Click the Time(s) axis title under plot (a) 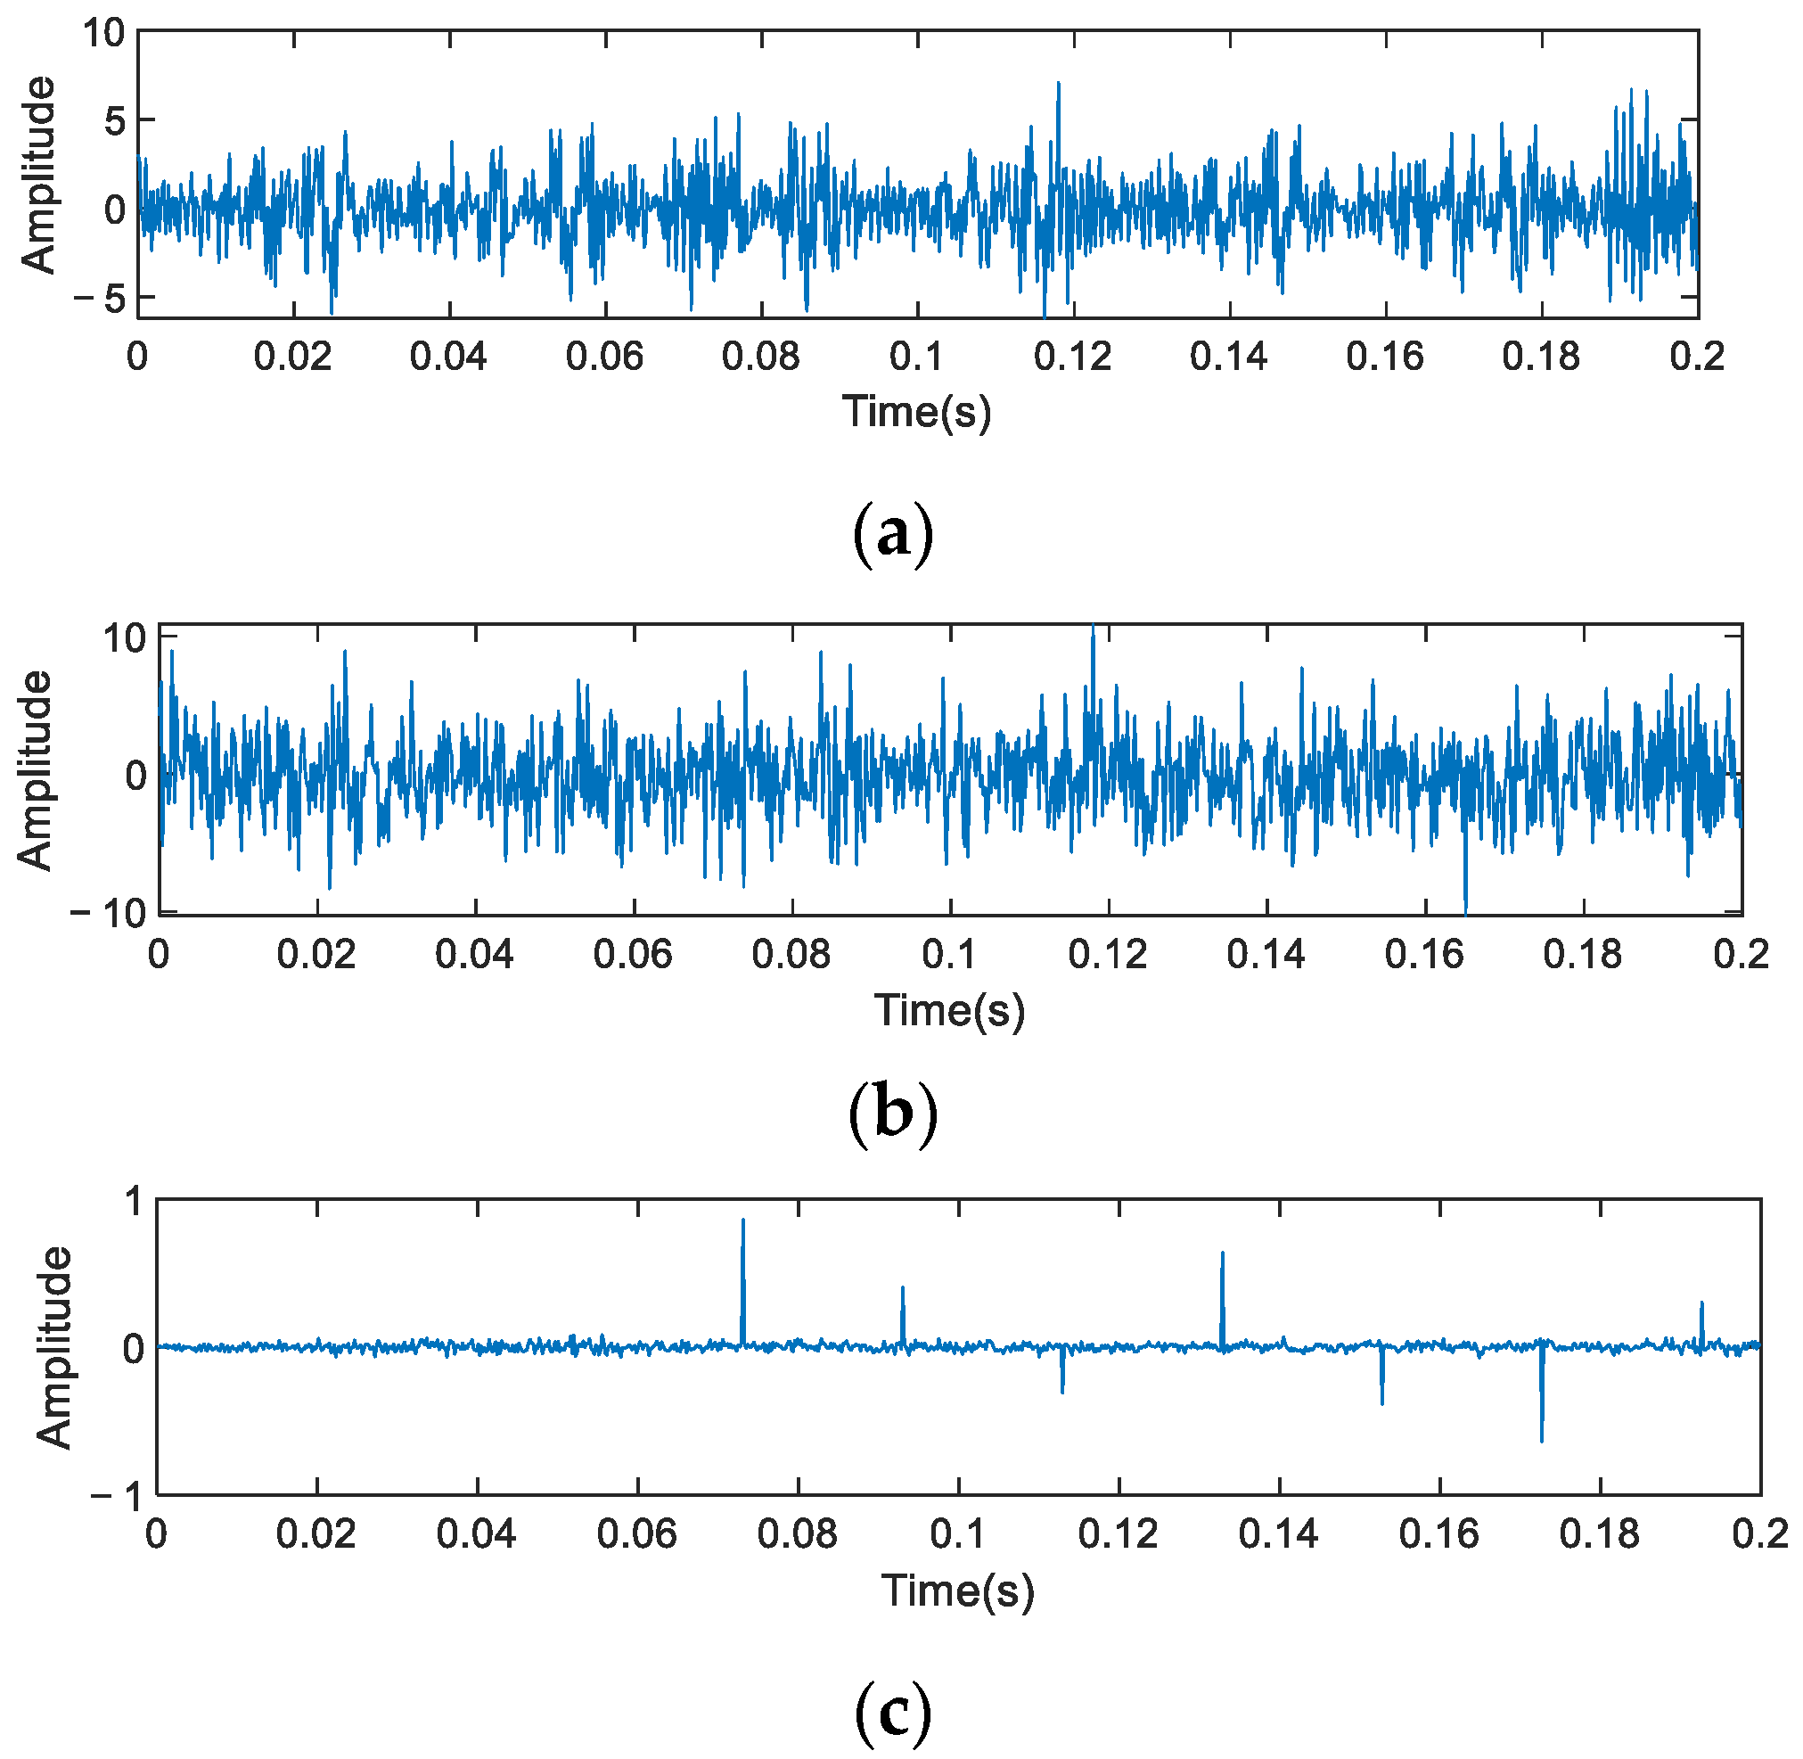pyautogui.click(x=916, y=411)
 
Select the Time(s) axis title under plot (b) pyautogui.click(x=949, y=1010)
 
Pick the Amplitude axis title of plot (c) pyautogui.click(x=53, y=1347)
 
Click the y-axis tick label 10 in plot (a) pyautogui.click(x=102, y=33)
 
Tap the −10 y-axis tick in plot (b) pyautogui.click(x=108, y=913)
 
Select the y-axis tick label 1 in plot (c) pyautogui.click(x=135, y=1202)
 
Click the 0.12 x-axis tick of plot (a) pyautogui.click(x=1072, y=357)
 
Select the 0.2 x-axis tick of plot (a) pyautogui.click(x=1697, y=357)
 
